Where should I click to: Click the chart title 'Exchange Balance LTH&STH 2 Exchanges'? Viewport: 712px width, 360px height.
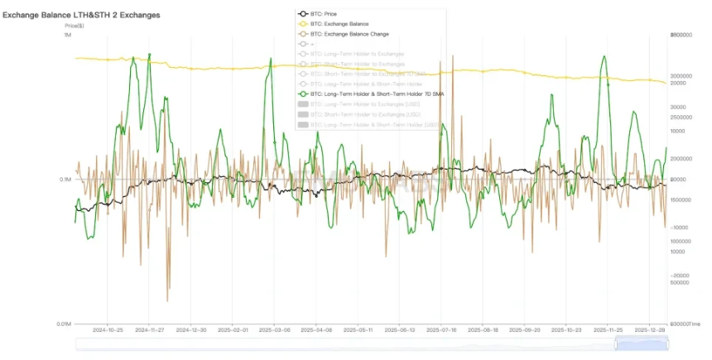(x=81, y=15)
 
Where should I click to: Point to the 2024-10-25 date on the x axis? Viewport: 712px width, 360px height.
(x=108, y=329)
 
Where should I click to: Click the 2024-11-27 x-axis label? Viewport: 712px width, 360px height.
(x=150, y=329)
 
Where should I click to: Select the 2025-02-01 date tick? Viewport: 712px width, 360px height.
(x=233, y=329)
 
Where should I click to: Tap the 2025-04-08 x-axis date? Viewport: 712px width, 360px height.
(x=317, y=329)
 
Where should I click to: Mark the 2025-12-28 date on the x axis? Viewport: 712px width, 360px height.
(x=652, y=329)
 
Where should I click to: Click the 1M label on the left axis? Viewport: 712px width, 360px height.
(x=67, y=35)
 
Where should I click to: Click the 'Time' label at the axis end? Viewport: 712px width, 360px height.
(x=694, y=324)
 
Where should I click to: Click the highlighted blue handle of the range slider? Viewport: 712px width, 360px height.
(x=642, y=343)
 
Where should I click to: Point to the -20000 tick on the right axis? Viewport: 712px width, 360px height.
(x=680, y=276)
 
